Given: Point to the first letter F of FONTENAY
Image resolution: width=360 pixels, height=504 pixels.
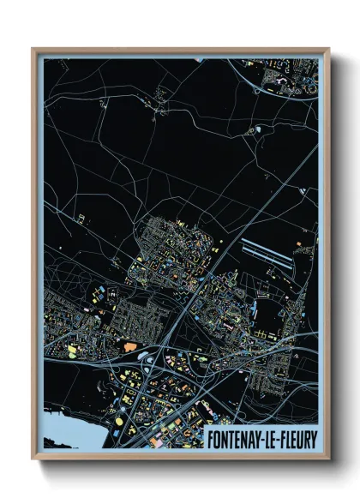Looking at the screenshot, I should click(x=208, y=439).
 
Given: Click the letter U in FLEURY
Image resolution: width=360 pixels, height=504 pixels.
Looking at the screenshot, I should click(x=302, y=439).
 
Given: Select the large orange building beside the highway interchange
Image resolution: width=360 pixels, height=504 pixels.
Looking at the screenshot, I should click(x=131, y=346).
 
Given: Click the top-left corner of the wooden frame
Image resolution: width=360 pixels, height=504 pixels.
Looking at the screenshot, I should click(x=33, y=49).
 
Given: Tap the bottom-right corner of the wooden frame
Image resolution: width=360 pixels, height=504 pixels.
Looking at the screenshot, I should click(x=328, y=459).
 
